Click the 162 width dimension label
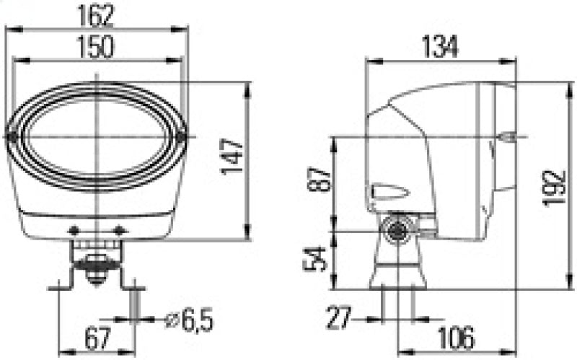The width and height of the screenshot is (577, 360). click(x=96, y=14)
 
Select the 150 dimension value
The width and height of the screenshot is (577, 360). click(x=96, y=47)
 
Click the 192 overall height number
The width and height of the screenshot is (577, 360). click(x=554, y=189)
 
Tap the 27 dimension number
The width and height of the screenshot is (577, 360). click(x=339, y=317)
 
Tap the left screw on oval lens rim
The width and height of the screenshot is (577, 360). click(x=12, y=136)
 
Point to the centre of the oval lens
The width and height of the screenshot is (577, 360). click(x=96, y=136)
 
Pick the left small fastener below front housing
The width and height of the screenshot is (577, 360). click(x=74, y=231)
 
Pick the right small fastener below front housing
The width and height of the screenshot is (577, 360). click(x=120, y=231)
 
